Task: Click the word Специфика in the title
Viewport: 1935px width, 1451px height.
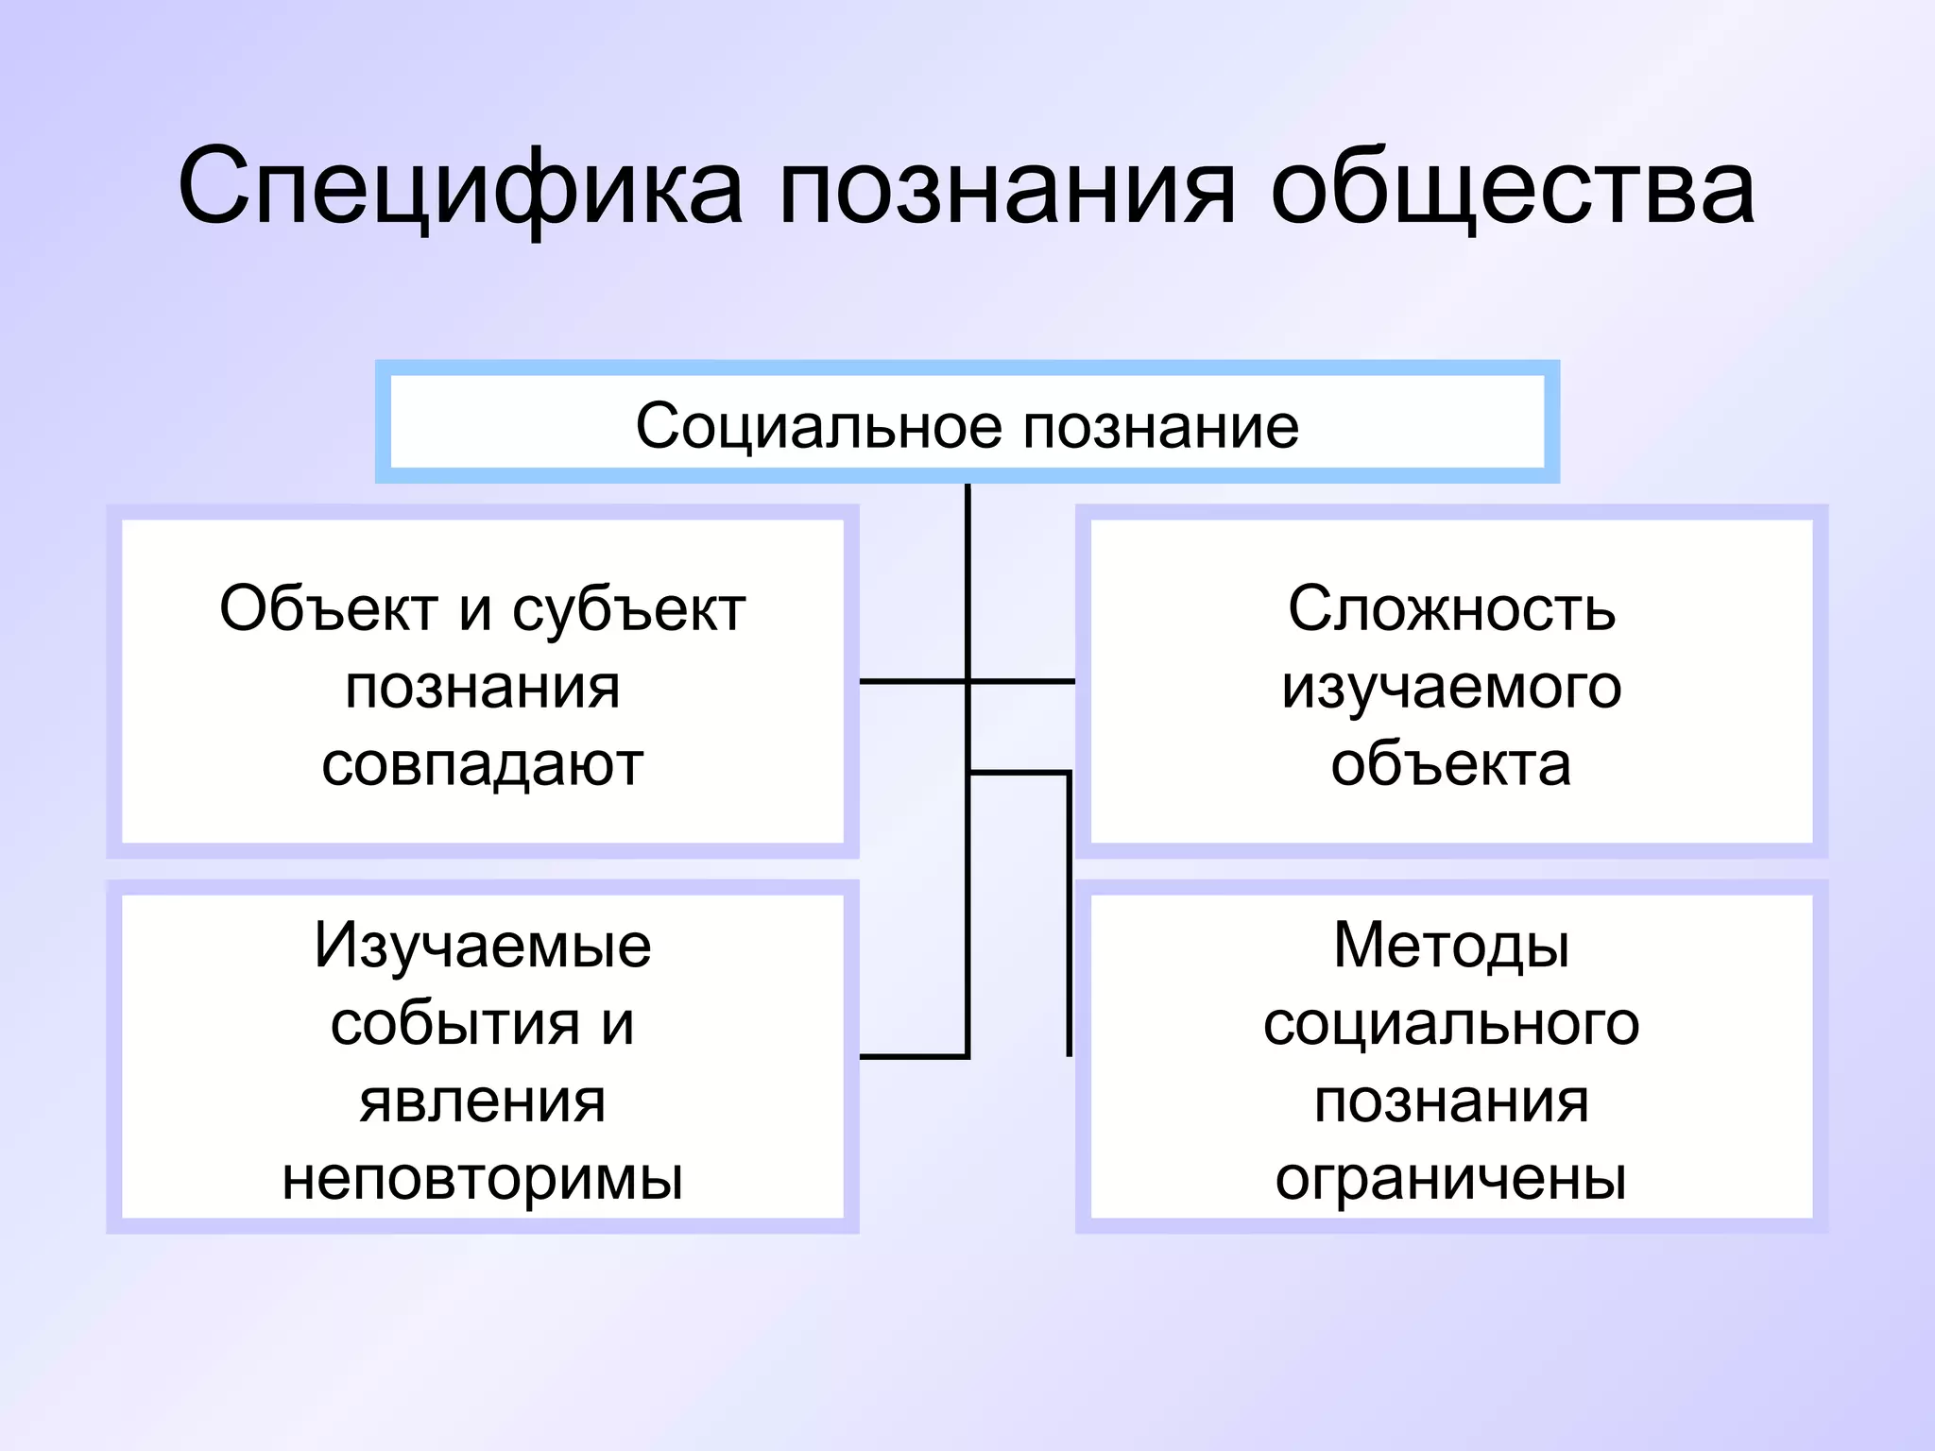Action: [460, 189]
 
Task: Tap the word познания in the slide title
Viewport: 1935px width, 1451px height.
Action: [1006, 189]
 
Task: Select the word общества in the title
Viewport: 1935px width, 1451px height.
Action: [1512, 189]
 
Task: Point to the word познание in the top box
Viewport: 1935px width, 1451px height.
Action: [1161, 426]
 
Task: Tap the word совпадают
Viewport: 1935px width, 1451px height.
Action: [482, 764]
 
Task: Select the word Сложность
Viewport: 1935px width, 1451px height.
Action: [1451, 609]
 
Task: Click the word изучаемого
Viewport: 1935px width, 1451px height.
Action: [1451, 688]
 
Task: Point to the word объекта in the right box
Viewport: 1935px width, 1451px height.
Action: [1451, 764]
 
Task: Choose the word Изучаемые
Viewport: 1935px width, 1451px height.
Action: [482, 946]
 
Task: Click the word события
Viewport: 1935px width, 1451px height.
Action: [454, 1024]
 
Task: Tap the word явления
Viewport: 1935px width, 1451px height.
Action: [482, 1101]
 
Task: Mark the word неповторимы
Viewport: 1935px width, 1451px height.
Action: [482, 1179]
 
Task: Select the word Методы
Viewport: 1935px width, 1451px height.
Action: [1451, 946]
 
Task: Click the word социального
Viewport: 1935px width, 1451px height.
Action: [1451, 1024]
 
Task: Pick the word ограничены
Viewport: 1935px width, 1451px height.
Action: [1451, 1179]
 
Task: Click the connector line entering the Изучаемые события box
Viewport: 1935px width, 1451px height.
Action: [912, 1056]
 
